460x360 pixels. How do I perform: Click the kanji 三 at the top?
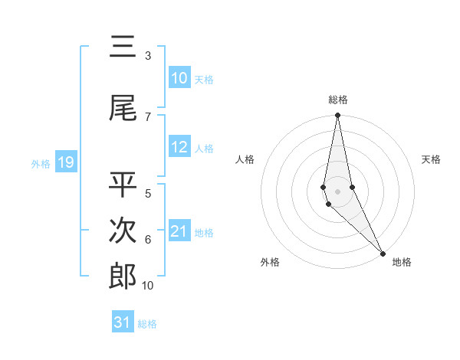[123, 47]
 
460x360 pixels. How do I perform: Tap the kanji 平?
[123, 185]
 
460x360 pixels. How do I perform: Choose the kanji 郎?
[123, 277]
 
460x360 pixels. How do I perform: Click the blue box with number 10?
[179, 78]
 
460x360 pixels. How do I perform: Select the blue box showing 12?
[179, 147]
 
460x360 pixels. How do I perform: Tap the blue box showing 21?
[179, 231]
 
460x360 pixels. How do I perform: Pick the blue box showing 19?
[65, 162]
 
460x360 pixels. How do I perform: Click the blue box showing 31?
[123, 322]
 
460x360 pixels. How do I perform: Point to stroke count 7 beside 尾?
[148, 116]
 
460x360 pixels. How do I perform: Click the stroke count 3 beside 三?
[148, 56]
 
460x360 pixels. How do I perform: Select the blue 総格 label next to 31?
[147, 324]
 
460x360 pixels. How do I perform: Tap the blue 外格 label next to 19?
[41, 163]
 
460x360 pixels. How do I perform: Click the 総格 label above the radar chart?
[337, 100]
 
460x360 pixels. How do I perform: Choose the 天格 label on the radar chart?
[432, 159]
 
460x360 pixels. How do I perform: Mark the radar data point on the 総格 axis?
[337, 116]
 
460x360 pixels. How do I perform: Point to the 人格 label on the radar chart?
[245, 159]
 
